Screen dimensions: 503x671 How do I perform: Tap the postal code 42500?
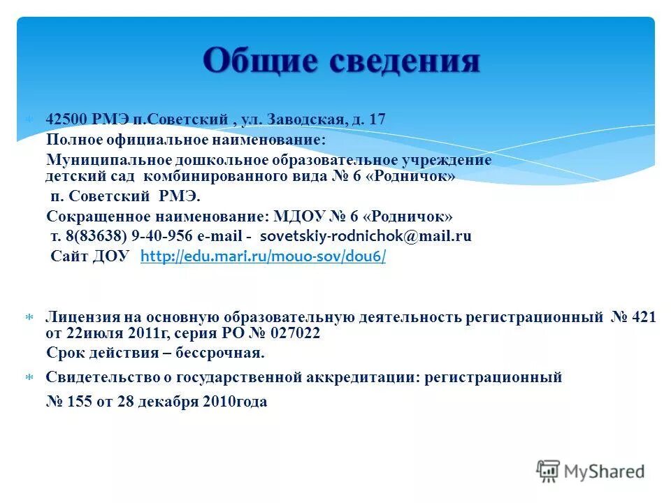pos(64,119)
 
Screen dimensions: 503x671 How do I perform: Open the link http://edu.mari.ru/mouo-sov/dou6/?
pos(263,256)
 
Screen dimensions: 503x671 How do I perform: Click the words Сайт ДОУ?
pos(90,256)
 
